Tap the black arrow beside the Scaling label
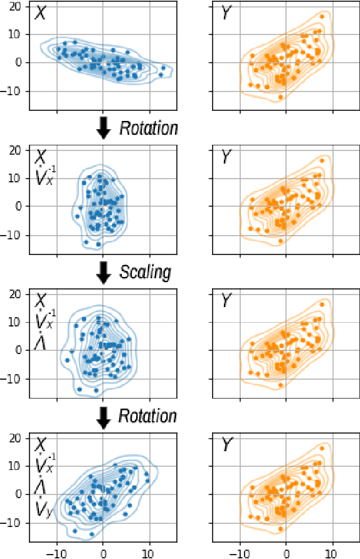coord(104,272)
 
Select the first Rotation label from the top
coord(149,129)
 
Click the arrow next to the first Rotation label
coord(104,128)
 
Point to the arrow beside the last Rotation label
coord(104,416)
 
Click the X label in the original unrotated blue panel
coord(40,14)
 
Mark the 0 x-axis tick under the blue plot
coord(103,553)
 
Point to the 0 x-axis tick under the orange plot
coord(286,553)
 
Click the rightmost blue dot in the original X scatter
coord(164,68)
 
